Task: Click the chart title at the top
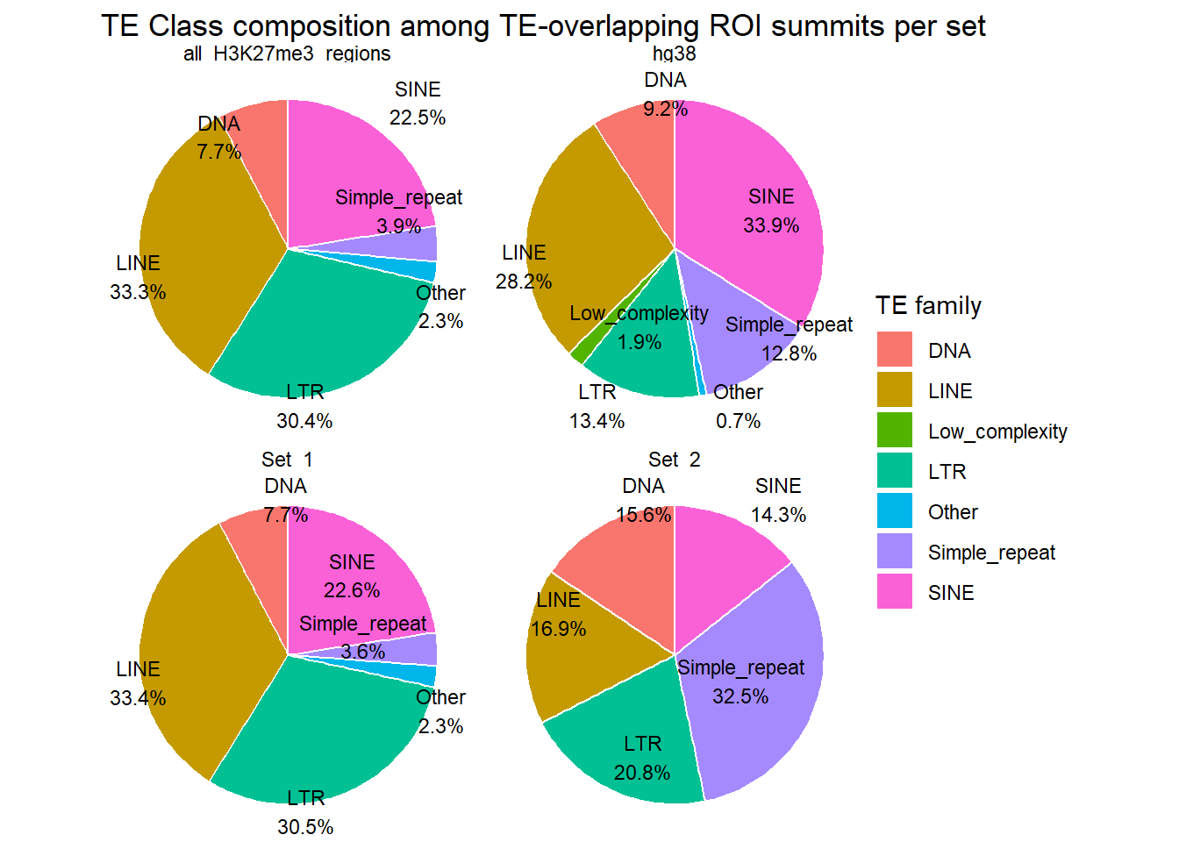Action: [543, 26]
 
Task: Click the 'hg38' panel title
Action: [674, 54]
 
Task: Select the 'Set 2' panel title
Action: [674, 460]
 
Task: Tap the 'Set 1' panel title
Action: [287, 460]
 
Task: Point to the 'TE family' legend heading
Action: [928, 306]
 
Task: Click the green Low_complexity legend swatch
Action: [894, 431]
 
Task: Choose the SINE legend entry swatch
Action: [894, 592]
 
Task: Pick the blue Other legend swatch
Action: [894, 511]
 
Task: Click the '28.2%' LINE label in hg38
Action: [524, 282]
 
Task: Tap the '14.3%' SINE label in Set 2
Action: [778, 515]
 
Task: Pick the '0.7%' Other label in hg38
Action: [738, 421]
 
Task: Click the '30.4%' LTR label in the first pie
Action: [304, 421]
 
